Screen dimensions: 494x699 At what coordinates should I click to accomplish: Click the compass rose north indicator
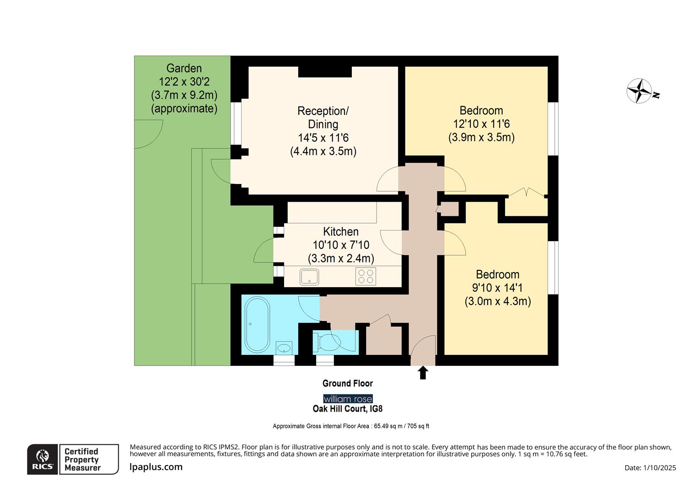click(640, 91)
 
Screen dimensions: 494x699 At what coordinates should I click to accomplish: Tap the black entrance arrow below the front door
click(423, 372)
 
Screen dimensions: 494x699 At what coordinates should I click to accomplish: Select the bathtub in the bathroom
click(258, 325)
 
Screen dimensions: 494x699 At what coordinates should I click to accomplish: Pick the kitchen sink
click(309, 277)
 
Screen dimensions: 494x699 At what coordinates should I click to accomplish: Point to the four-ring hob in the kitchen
click(366, 276)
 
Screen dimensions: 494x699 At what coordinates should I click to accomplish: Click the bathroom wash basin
click(285, 348)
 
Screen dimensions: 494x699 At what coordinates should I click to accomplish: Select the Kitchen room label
click(341, 231)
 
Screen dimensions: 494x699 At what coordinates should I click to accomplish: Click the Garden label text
click(184, 68)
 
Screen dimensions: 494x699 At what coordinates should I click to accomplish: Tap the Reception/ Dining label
click(323, 118)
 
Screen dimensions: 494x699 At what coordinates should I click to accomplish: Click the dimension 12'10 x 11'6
click(481, 124)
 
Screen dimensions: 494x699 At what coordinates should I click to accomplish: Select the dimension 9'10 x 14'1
click(497, 288)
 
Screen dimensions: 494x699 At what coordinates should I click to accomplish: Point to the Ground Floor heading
click(348, 383)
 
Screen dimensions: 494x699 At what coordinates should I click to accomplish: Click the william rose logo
click(348, 399)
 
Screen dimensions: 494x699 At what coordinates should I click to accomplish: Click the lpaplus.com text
click(156, 467)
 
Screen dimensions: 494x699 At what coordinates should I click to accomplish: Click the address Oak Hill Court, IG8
click(348, 409)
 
